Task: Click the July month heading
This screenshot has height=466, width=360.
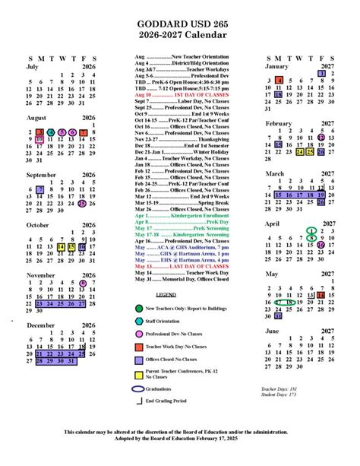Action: (x=33, y=66)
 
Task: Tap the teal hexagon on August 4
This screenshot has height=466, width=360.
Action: (x=50, y=132)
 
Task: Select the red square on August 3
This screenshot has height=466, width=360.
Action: (x=39, y=132)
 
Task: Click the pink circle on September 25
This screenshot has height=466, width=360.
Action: (x=82, y=203)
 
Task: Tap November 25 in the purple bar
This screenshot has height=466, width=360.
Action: (x=61, y=303)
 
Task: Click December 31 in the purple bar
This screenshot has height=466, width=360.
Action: (x=71, y=361)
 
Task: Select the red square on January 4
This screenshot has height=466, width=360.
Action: (x=279, y=81)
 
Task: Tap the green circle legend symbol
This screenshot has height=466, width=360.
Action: (x=140, y=308)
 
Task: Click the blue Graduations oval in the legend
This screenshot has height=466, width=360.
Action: (x=140, y=389)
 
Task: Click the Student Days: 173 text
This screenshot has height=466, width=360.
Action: (x=279, y=394)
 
